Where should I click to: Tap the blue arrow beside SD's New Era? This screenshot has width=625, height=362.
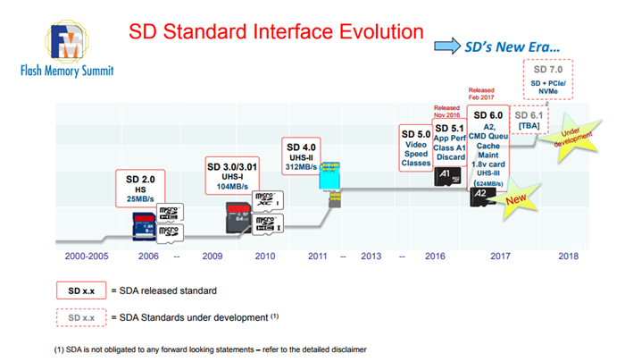click(x=446, y=45)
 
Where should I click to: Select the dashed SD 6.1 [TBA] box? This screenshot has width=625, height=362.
click(x=536, y=120)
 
